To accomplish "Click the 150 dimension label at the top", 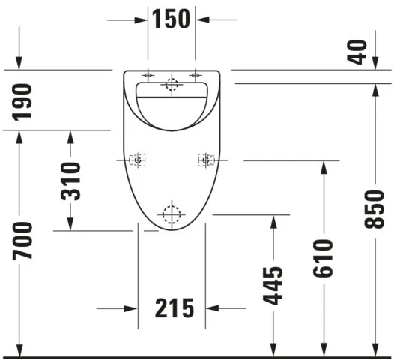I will pos(172,19).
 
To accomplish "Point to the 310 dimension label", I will pos(70,181).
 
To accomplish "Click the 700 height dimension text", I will pos(23,241).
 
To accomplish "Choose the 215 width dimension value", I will pos(174,307).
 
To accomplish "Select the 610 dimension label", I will pos(323,258).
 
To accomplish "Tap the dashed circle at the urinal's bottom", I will pos(172,214).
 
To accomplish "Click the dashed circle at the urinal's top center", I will pos(172,85).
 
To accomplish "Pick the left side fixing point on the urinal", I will pos(138,160).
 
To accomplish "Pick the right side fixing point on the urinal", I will pos(205,160).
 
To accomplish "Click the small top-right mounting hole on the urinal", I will pos(196,74).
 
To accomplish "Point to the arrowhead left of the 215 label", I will pos(131,307).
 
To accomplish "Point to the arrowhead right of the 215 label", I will pos(212,307).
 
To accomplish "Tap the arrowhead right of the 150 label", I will pos(202,19).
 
